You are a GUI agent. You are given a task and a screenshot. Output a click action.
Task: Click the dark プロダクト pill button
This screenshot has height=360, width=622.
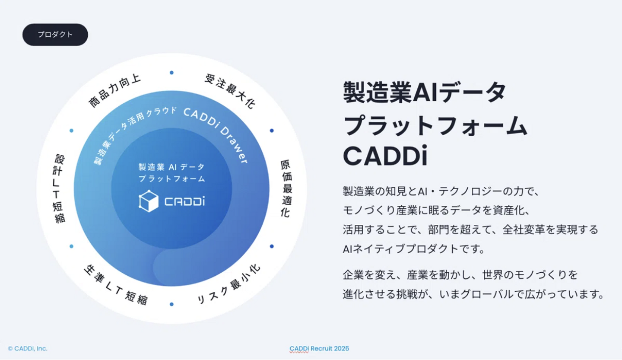55,35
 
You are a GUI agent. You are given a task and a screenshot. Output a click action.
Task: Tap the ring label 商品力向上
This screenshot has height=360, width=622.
114,91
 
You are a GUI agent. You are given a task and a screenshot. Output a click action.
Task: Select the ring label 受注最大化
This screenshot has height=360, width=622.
230,91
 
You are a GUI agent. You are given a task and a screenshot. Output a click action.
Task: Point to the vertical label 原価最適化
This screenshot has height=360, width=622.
286,188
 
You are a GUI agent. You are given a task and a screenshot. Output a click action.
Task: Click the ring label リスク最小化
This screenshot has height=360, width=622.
229,284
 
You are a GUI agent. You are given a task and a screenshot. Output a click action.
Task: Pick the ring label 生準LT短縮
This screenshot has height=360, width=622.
115,285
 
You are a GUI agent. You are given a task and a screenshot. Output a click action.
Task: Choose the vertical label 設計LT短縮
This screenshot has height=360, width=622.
59,189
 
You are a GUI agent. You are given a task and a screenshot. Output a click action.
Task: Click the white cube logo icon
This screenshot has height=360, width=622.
149,201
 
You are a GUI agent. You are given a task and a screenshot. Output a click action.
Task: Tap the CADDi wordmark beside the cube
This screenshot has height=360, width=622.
185,201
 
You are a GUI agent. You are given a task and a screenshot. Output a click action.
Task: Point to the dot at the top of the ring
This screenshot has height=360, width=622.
171,73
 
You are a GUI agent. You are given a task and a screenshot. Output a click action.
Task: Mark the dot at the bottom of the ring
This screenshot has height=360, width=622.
171,304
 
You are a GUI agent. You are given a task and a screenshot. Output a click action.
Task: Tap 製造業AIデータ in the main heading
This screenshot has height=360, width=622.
425,92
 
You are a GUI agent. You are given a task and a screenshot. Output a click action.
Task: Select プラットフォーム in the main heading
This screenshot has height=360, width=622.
435,125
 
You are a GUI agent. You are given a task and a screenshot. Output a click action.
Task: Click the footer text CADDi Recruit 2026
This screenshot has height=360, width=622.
319,349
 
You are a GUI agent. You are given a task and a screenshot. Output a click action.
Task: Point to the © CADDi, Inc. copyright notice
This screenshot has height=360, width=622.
28,349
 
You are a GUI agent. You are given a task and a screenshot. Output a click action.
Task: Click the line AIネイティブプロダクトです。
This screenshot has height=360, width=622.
414,249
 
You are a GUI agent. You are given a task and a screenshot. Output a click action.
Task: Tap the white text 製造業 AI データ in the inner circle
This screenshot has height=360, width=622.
171,167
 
